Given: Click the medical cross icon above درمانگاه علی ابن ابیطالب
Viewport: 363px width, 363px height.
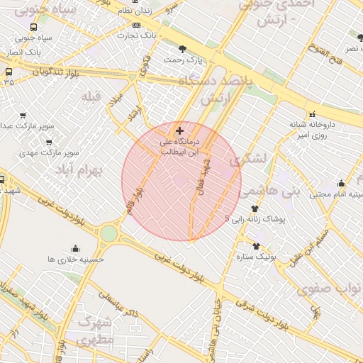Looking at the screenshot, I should click(179, 130).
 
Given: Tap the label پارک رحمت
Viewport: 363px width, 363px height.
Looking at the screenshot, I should click(182, 60).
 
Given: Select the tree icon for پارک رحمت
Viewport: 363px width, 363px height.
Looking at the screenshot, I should click(183, 49).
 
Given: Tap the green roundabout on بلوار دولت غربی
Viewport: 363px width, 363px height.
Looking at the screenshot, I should click(108, 233).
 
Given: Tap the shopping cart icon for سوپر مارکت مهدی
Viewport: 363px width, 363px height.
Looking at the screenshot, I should click(50, 141).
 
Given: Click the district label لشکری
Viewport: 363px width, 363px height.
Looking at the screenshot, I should click(253, 160).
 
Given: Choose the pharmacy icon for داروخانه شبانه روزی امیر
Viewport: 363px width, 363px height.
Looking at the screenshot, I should click(311, 114).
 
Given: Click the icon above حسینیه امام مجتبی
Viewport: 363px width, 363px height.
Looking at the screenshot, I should click(341, 183).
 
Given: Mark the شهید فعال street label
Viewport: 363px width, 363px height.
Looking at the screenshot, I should click(206, 174).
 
